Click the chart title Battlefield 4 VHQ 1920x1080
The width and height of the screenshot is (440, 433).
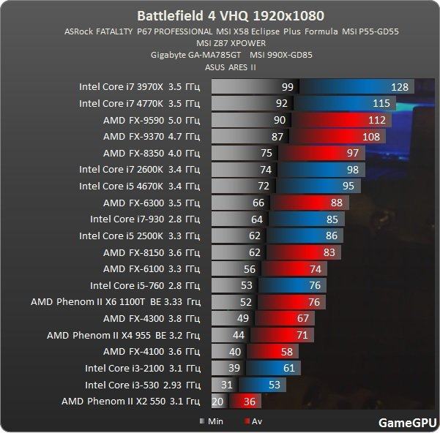pos(220,15)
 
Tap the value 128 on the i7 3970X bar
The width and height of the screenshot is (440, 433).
pos(400,87)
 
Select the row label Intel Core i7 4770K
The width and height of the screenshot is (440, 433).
pos(139,103)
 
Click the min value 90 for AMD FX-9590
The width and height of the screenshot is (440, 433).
pos(280,120)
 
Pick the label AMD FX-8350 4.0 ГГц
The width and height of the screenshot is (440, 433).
pos(151,153)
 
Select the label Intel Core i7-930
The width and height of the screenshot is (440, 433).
pos(144,219)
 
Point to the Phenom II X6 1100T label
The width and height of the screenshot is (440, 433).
pos(115,301)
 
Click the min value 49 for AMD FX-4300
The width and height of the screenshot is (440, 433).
pos(243,318)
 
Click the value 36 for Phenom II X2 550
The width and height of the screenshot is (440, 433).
pos(248,401)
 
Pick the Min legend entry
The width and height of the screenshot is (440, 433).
pos(213,421)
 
